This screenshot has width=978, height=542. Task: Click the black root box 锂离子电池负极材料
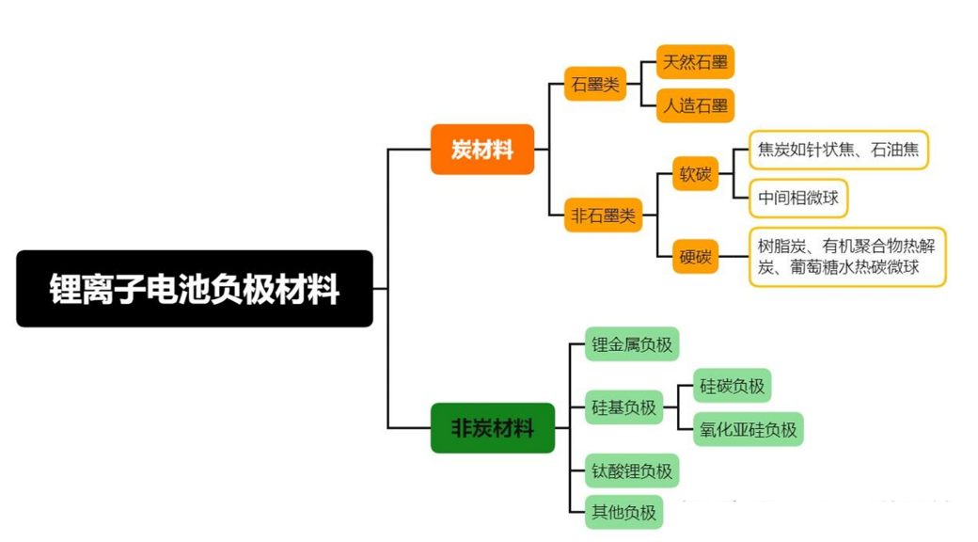coord(195,289)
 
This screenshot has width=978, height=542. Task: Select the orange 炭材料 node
coord(482,150)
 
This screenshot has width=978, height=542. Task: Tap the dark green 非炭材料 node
coord(493,428)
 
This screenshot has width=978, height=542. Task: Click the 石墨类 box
coord(595,84)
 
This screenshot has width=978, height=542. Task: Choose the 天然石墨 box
coord(695,62)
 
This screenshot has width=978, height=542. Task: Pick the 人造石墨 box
coord(695,105)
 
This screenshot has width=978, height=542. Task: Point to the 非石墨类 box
coord(603,215)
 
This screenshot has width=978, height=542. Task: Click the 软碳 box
coord(696,174)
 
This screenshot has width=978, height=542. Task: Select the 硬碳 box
coord(696,255)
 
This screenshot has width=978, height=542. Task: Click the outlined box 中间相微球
coord(798,199)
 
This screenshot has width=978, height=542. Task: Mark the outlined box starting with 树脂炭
coord(846,256)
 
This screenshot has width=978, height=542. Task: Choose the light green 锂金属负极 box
coord(632,344)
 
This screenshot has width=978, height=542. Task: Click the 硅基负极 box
coord(623,407)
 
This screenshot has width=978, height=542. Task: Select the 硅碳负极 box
coord(732,385)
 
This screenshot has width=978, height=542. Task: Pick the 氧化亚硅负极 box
coord(749,429)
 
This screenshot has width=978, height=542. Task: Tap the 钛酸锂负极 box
coord(632,470)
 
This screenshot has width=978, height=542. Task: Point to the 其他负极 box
coord(623,512)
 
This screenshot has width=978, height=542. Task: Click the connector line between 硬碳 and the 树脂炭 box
coord(733,256)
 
